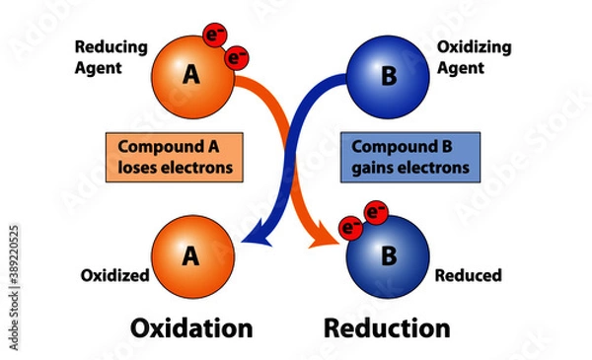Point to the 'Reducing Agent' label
pyautogui.click(x=111, y=57)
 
